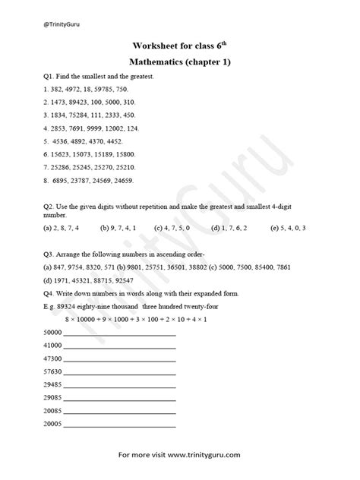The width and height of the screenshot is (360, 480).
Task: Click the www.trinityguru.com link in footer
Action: [201, 456]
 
